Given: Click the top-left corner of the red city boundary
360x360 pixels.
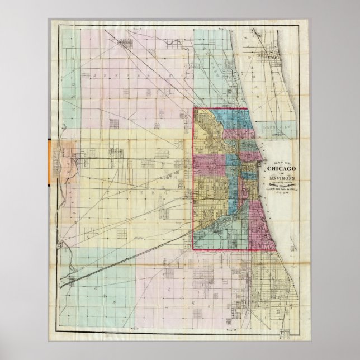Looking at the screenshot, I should click(x=194, y=108).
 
